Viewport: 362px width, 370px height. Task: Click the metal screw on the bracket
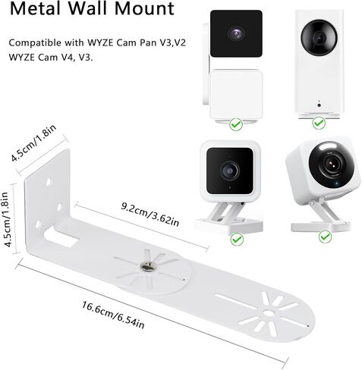pos(142,265)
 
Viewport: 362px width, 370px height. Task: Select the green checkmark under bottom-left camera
pos(235,238)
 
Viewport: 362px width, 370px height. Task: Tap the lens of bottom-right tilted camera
pos(329,163)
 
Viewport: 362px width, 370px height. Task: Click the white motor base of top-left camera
pos(235,92)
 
